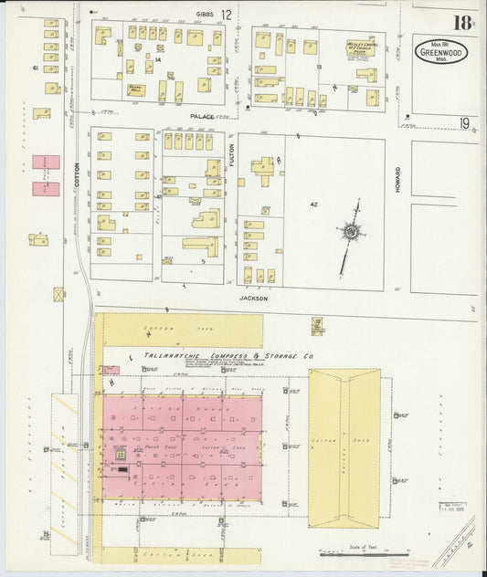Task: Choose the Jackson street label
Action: tap(252, 297)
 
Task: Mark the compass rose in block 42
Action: tap(350, 233)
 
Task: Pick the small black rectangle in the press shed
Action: tap(123, 467)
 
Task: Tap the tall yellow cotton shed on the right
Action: tap(344, 447)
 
